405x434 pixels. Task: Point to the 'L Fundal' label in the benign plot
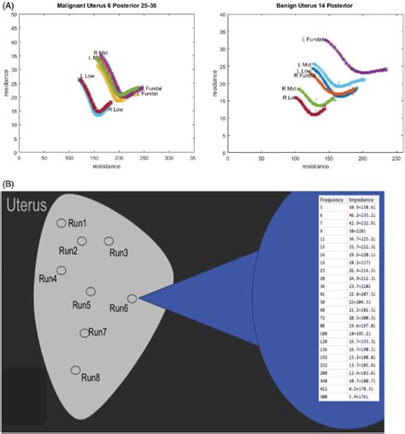(314, 38)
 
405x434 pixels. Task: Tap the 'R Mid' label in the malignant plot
(100, 52)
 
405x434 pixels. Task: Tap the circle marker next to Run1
(62, 223)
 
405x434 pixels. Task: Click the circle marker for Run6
(132, 298)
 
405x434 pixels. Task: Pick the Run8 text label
(91, 377)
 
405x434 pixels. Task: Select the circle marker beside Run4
(63, 271)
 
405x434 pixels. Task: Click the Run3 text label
(120, 252)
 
